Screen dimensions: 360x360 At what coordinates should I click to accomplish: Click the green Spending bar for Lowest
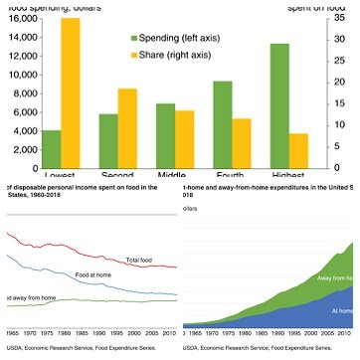point(51,149)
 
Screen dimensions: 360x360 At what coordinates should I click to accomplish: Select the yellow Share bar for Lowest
point(71,93)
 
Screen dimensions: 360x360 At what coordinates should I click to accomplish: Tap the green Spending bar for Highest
point(280,105)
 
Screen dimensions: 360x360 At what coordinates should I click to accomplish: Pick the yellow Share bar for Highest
point(299,150)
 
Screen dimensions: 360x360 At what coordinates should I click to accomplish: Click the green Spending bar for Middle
point(166,135)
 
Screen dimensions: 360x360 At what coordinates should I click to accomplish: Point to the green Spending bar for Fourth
point(223,124)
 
